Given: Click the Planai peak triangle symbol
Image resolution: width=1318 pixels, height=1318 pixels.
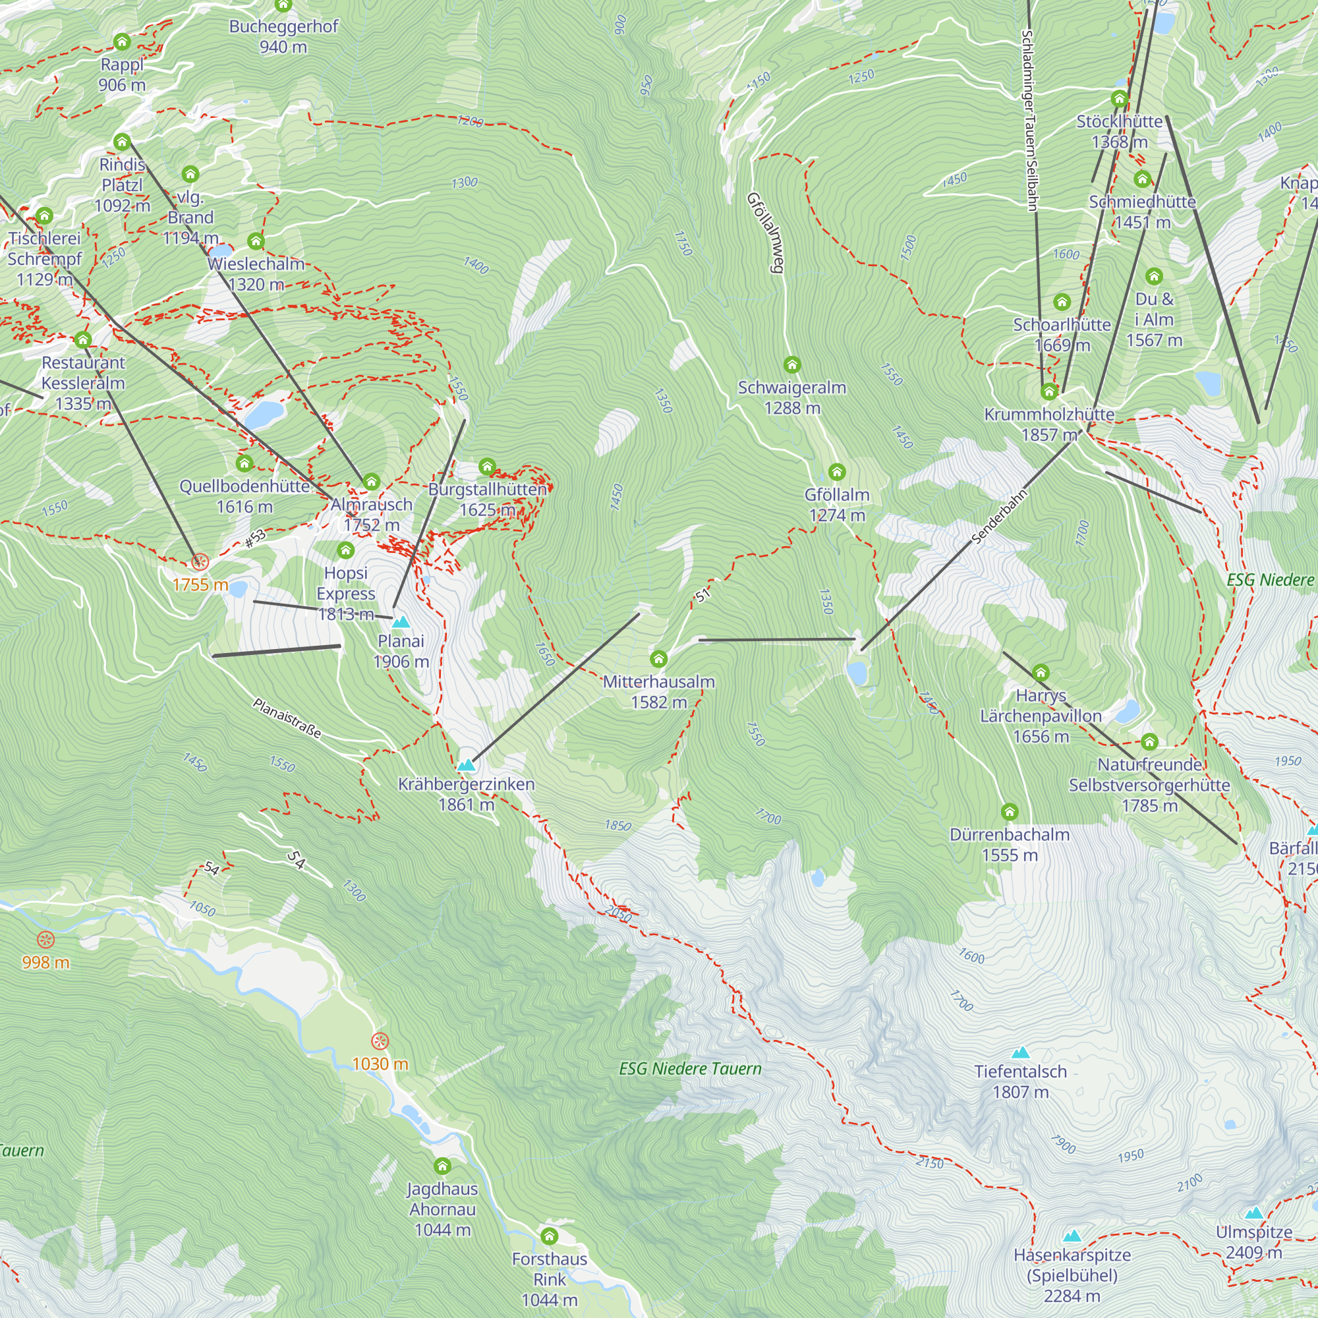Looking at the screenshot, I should (401, 622).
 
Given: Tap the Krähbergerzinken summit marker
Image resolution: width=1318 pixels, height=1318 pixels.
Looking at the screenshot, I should (466, 765).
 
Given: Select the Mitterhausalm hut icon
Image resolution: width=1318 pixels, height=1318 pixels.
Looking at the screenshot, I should (658, 659).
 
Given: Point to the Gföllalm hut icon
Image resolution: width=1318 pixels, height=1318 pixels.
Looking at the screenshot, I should (837, 472).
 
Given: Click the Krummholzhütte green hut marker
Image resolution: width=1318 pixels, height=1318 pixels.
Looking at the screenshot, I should (1049, 391).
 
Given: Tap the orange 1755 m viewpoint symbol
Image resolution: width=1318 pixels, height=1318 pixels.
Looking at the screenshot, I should (200, 562).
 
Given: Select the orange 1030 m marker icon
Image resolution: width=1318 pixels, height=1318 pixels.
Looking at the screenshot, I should (380, 1042).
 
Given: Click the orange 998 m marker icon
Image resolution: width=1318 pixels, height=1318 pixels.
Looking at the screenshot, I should (45, 940).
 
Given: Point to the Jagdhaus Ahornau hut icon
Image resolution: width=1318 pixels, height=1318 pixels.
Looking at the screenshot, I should (443, 1166).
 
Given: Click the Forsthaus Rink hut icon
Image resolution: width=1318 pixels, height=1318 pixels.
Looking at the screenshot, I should (549, 1236).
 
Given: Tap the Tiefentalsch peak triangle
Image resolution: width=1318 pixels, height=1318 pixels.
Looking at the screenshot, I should (1021, 1052).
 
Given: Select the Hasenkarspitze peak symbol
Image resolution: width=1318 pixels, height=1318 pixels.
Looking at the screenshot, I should (1072, 1236).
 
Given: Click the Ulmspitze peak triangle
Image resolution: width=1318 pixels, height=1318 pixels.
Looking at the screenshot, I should (1254, 1213).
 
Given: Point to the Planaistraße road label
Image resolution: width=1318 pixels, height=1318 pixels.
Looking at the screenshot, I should (287, 718).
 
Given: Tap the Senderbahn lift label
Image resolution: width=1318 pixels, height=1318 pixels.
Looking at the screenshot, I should (999, 517).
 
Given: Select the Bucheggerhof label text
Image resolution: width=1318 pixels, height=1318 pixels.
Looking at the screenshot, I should (283, 26).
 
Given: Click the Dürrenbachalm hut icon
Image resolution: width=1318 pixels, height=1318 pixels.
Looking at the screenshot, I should (1010, 812).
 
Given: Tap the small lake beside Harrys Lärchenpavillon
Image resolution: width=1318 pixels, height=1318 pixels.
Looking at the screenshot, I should (1127, 712).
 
